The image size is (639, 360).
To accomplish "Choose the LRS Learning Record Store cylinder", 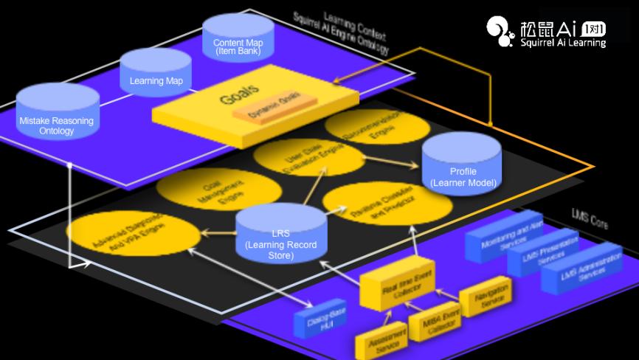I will coord(281,234).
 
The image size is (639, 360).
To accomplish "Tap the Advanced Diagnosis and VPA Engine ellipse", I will coord(133,232).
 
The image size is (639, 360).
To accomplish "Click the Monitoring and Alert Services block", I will coord(507,237).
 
